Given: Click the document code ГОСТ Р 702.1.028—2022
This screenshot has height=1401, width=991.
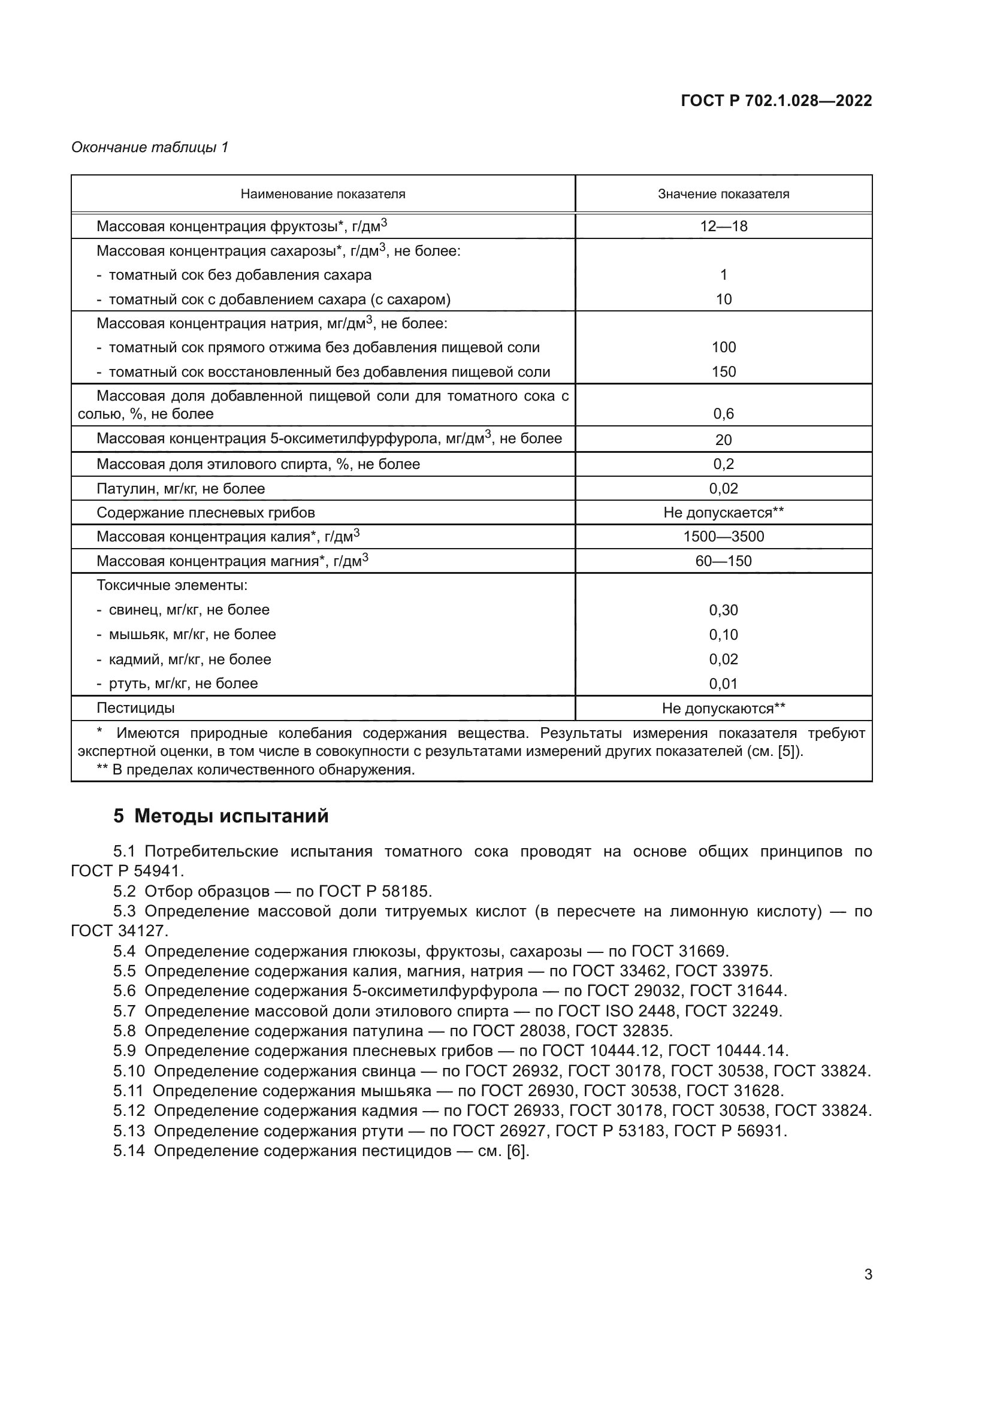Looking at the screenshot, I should coord(776,101).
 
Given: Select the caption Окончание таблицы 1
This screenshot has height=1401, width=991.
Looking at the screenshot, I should coord(150,147).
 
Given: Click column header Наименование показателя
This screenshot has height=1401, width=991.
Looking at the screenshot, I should coord(323,194).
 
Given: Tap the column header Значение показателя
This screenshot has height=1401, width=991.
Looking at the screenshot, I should coord(723,194).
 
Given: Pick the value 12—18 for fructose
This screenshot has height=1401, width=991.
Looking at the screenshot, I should coord(723,226).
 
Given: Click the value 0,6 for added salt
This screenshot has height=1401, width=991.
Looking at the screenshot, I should coord(723,414).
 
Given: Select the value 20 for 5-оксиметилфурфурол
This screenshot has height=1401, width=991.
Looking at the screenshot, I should coord(723,439).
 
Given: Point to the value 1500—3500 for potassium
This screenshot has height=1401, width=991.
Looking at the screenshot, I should coord(723,536).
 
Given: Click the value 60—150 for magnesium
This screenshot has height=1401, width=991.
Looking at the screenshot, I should coord(723,561).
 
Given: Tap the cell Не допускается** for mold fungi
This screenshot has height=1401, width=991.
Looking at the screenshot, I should coord(723,512).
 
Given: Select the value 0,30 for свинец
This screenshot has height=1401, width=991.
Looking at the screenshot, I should coord(723,610).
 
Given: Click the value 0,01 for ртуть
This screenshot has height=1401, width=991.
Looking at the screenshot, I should coord(723,683).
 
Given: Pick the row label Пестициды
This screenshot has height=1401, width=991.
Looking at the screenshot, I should coord(135,708).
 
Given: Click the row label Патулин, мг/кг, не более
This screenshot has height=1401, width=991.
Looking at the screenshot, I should coord(180,488).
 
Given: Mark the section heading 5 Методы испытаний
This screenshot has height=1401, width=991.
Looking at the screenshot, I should coord(221,816).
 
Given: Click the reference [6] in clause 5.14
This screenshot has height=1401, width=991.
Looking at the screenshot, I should coord(518,1151).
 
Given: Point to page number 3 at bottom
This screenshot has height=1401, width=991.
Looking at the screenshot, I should coord(868,1275).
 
